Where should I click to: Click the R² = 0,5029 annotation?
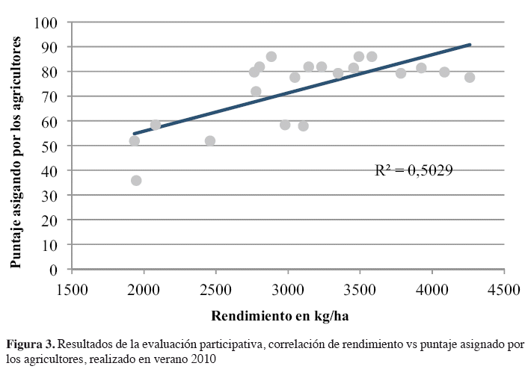point(414,170)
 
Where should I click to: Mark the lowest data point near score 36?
point(136,181)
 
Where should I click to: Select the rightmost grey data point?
point(470,77)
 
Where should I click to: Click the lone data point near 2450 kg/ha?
point(210,140)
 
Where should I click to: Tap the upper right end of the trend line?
point(470,45)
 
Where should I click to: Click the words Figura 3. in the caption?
point(31,344)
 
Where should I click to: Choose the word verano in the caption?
point(170,358)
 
